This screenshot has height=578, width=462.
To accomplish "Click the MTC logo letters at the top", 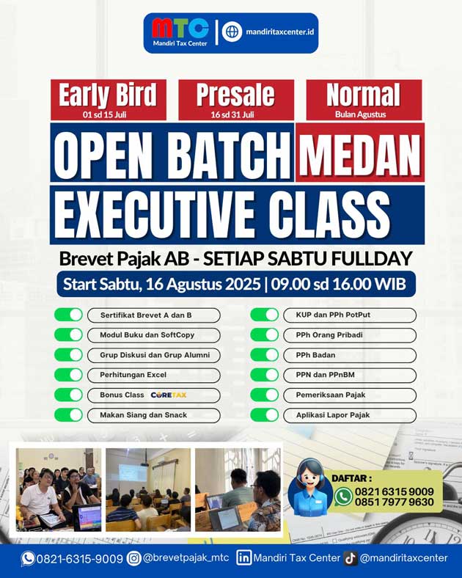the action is coord(180,29).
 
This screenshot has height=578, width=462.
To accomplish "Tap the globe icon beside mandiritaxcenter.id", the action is coord(232,32).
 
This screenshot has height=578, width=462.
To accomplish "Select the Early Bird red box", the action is coord(109,100).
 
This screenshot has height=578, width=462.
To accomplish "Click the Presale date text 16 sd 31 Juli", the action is coord(232,114).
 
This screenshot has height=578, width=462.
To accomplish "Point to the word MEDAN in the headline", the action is coord(360,156).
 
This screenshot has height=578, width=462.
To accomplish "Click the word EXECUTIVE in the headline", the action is coord(155,215).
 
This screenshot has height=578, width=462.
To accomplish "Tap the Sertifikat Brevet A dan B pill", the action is coord(153,315).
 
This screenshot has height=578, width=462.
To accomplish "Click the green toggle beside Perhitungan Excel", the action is coord(68,375).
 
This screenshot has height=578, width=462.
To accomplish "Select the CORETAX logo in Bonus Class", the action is coord(169,395).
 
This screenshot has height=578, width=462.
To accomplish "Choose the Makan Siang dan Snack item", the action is coord(153,415).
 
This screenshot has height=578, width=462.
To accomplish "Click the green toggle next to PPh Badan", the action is coord(264,355).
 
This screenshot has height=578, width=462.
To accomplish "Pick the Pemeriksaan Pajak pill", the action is coord(350,395).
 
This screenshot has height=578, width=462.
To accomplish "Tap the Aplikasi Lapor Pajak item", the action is coord(350,415).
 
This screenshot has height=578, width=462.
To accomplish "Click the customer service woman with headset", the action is coord(310,487).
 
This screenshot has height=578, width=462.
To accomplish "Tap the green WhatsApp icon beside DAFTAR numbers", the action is coord(343,496).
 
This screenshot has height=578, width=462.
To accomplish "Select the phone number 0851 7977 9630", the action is coord(395,502).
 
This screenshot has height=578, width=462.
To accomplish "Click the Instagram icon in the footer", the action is coord(133,558).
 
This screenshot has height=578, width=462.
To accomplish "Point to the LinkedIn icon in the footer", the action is coord(243,558).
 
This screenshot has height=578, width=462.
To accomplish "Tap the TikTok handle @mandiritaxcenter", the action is coord(404,558).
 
